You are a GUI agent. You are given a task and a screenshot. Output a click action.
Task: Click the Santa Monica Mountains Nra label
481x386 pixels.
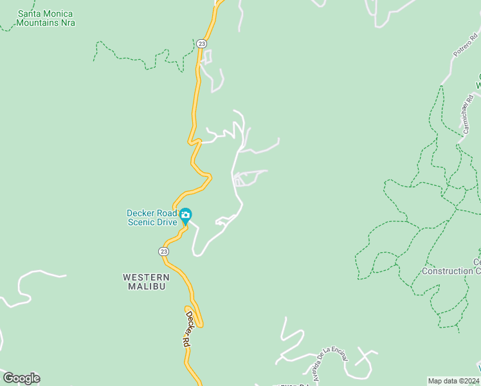coord(46,18)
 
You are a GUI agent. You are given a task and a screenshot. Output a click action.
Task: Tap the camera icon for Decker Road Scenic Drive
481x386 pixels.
coord(185,214)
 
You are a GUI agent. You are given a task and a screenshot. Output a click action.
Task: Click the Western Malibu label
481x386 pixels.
coord(145,282)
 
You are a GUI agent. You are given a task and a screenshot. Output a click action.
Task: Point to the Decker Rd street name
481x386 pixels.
coord(187,329)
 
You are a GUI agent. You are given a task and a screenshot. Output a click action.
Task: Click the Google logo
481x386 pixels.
coord(21,378)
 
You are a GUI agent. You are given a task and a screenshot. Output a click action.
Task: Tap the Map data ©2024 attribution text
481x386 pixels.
coord(453,381)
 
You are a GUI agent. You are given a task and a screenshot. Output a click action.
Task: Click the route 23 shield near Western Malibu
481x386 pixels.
coord(164,251)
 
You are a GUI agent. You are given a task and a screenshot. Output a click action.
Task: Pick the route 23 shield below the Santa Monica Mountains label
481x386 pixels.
coord(202,43)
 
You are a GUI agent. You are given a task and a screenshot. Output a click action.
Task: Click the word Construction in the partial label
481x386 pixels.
coord(446,271)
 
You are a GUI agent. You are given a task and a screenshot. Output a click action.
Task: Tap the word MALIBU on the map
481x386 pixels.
coord(145,286)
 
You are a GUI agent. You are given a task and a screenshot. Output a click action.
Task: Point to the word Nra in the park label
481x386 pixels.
coord(68,23)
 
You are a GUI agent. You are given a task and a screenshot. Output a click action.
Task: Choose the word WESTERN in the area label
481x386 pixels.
coord(145,277)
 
